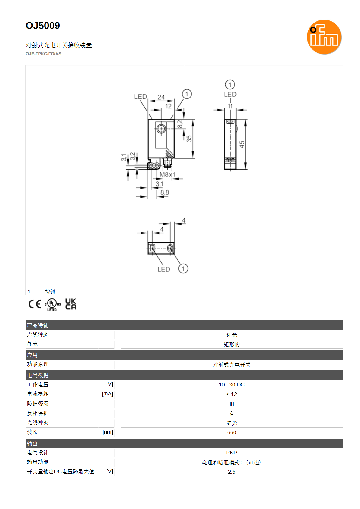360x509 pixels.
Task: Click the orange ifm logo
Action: coord(324,37)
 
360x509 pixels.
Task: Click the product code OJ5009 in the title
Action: coord(43,25)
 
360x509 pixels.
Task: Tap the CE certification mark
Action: coord(35,304)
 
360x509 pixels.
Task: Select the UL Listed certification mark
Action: coord(53,304)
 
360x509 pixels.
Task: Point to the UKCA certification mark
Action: coord(71,304)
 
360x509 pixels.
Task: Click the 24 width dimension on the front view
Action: coord(161,97)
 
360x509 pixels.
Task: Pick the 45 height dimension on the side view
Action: coord(242,144)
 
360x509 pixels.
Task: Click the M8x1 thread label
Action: coord(167,174)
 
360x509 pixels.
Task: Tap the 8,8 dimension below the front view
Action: coord(164,192)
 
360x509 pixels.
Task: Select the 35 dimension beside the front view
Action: coord(189,139)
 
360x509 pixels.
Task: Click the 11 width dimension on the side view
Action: coord(230,106)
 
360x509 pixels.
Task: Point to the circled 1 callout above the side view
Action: coord(230,85)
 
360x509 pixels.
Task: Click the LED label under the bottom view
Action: coord(163,269)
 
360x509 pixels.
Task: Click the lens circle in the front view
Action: coord(161,129)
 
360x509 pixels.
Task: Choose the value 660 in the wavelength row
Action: coord(231,432)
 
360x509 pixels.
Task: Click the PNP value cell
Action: coord(231,453)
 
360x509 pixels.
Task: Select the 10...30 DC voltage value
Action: coord(231,385)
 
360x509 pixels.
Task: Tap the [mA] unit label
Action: coord(107,394)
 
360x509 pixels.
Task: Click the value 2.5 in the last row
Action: coord(231,472)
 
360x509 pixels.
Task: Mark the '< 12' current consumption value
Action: coord(231,394)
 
